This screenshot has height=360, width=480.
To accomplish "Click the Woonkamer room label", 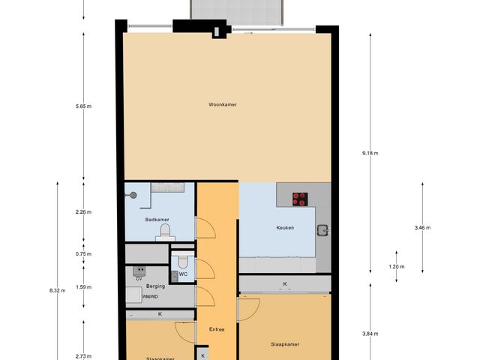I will tap(223, 104).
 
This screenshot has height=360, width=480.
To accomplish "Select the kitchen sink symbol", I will tap(323, 230).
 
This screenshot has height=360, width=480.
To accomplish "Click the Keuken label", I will tap(284, 227).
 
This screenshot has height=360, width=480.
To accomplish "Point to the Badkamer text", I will tap(157, 220).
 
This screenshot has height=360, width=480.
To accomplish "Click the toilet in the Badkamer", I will tap(162, 235).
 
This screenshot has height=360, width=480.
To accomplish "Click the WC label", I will tap(183, 274).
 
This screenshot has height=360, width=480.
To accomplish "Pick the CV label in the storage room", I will tap(139, 277).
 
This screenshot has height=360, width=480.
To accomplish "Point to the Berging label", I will tap(155, 286).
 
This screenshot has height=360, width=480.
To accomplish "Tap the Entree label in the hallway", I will tap(217, 328).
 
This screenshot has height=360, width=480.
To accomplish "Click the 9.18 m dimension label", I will tap(370, 153).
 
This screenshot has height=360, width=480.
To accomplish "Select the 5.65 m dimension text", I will tap(83, 106).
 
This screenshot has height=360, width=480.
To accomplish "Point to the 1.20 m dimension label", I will tap(397, 267).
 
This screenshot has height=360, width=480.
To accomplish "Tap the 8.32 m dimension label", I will tap(57, 289).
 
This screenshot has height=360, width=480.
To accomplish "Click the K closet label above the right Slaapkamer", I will tap(284, 284).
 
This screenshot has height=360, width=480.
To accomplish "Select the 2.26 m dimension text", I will tap(83, 212).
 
